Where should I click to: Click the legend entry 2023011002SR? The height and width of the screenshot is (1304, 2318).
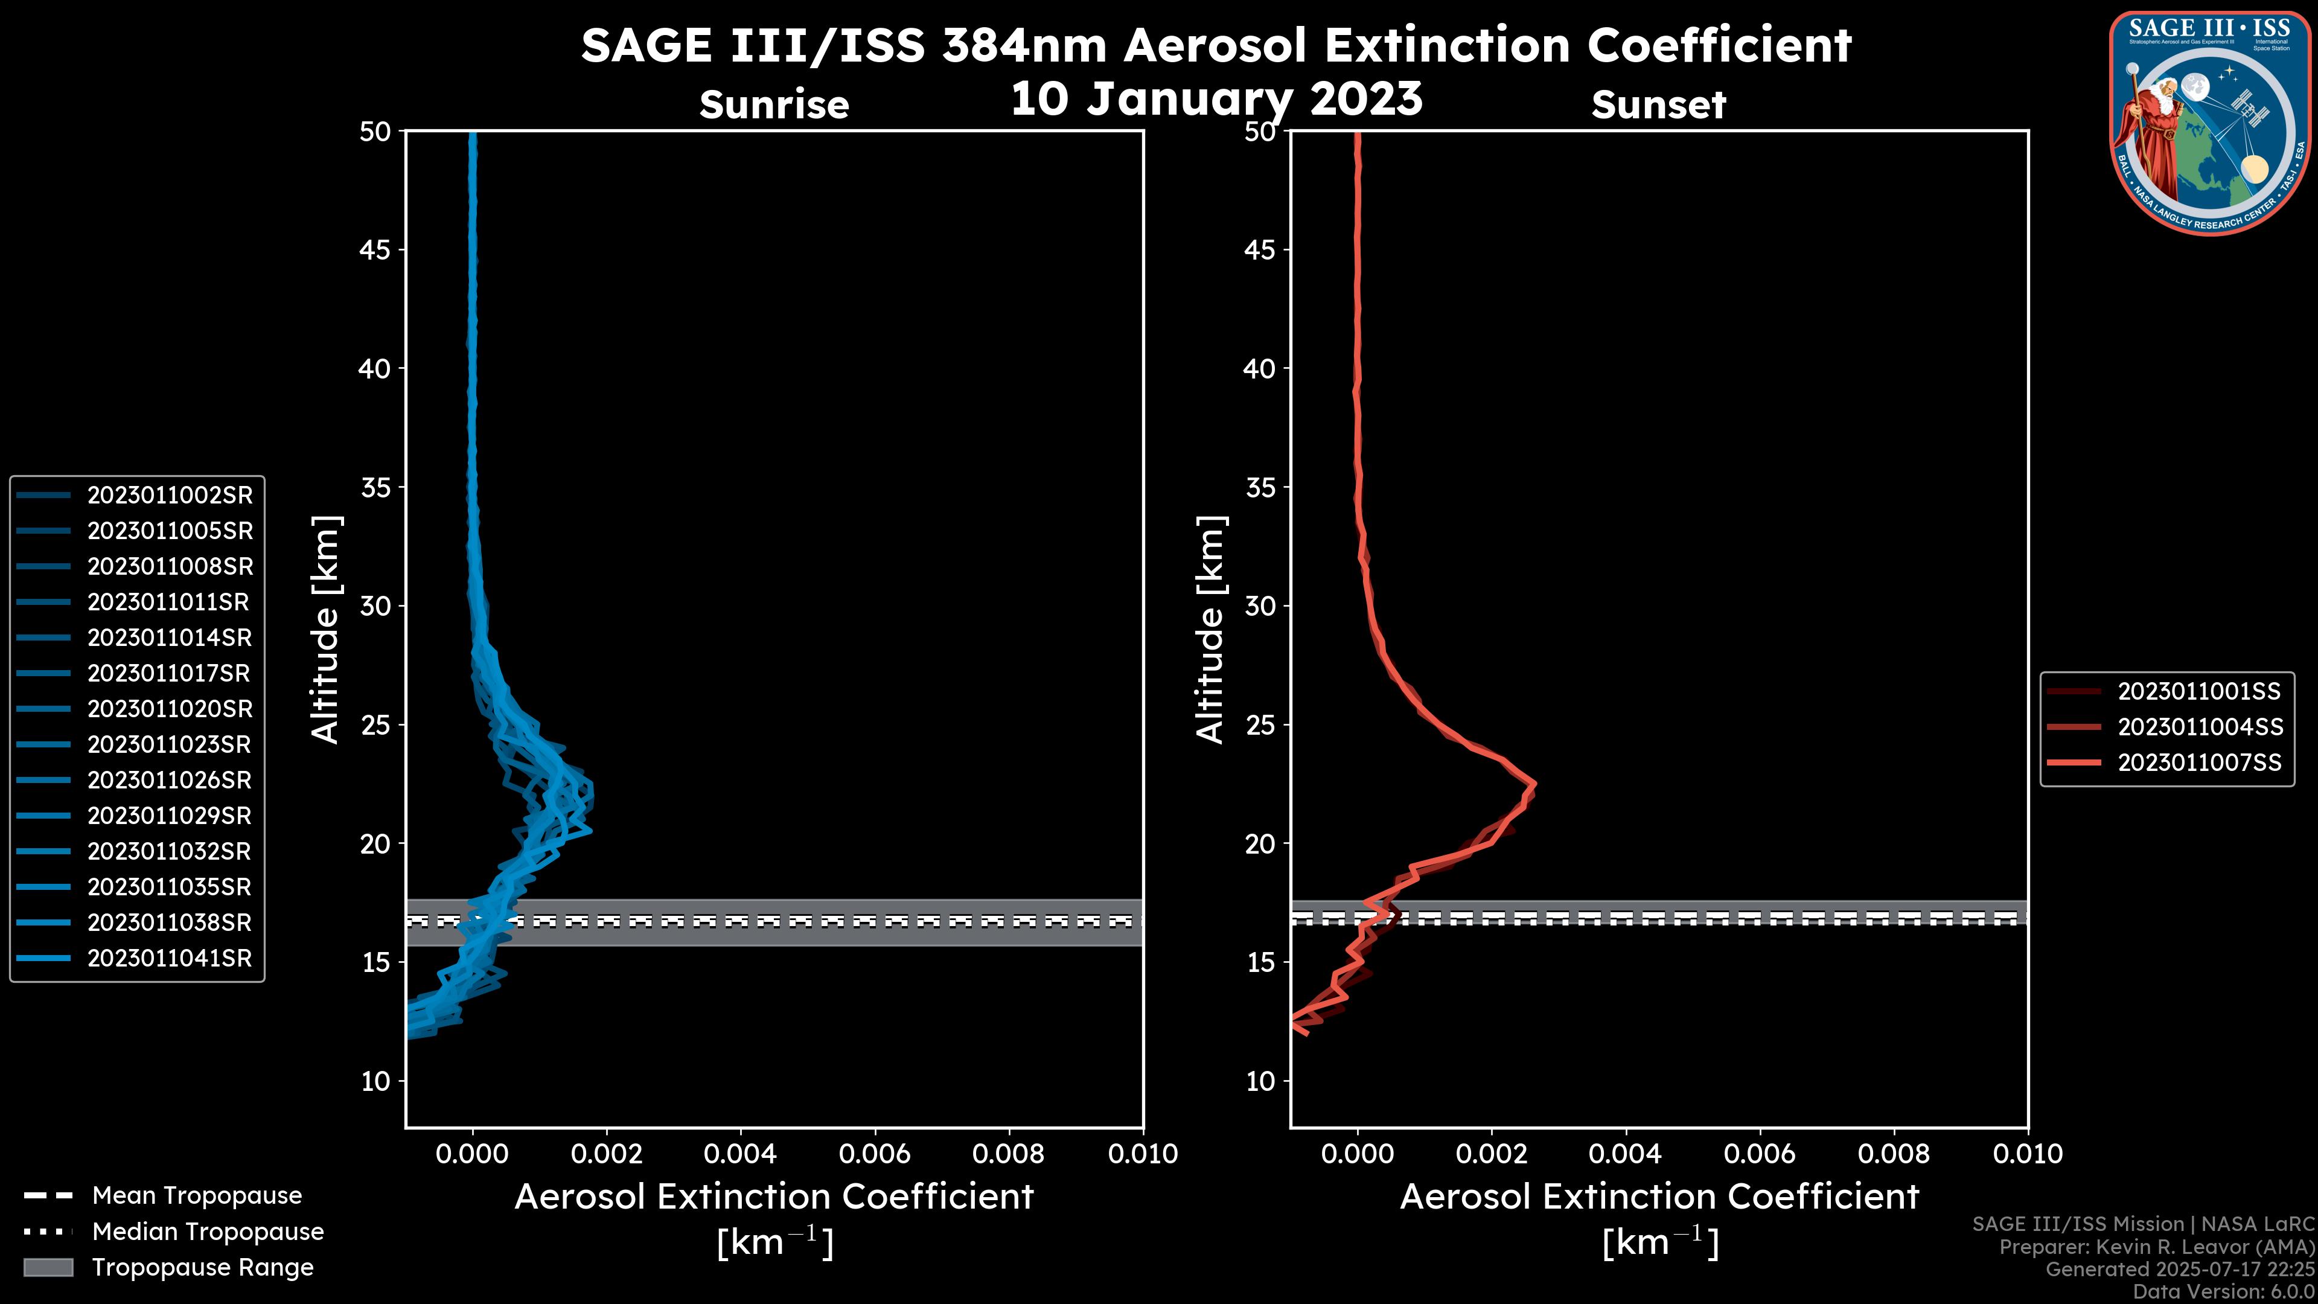point(169,495)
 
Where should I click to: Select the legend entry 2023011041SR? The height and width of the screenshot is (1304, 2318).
point(169,959)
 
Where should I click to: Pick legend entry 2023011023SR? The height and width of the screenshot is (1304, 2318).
point(169,744)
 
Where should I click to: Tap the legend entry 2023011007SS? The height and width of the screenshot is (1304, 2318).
point(2199,763)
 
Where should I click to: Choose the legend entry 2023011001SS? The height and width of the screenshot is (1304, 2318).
point(2199,691)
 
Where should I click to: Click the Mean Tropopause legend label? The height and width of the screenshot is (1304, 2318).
point(197,1195)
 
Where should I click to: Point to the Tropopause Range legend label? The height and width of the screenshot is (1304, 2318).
point(202,1267)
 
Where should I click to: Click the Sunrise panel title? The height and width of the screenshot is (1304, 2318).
point(774,104)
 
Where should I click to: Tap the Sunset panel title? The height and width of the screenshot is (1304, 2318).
point(1658,104)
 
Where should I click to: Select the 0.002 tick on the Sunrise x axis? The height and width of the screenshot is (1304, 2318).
point(607,1154)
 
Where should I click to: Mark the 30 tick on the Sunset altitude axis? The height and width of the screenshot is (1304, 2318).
point(1260,606)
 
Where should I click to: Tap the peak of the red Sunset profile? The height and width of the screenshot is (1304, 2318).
point(1534,784)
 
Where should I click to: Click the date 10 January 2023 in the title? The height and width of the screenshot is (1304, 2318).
point(1216,99)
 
